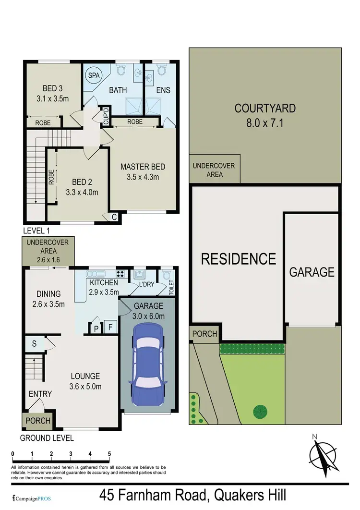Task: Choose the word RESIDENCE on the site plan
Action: [238, 259]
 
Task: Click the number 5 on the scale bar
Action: [109, 453]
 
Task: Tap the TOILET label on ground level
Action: [171, 288]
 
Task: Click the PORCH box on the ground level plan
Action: [37, 421]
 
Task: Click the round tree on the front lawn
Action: [260, 411]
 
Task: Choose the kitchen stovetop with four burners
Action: [120, 274]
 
